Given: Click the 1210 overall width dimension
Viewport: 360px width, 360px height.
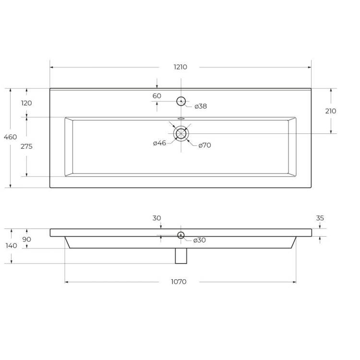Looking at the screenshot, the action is [180, 67].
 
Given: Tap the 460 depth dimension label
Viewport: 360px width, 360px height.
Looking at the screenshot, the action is [11, 137].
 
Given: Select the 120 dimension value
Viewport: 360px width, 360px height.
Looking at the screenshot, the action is [26, 103].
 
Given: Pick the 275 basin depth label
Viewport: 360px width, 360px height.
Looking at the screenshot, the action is [26, 146].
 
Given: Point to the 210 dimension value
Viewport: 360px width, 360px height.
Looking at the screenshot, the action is [331, 111].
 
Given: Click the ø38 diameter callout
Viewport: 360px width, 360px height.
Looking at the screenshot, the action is [201, 106].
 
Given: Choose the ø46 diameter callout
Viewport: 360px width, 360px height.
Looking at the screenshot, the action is [159, 143].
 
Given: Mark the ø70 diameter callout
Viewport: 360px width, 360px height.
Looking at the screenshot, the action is [204, 145].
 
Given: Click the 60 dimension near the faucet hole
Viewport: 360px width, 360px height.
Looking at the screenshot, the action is [157, 96].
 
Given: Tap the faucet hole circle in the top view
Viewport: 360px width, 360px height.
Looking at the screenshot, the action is [181, 101].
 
